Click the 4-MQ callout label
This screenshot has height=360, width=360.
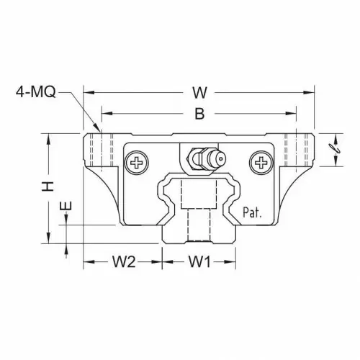coord(36,92)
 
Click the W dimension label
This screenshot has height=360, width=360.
coord(199,93)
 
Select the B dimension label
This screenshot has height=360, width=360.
coord(199,114)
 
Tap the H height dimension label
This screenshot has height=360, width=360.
coord(48,186)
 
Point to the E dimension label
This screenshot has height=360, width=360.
coord(66,205)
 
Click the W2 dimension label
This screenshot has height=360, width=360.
coord(124,261)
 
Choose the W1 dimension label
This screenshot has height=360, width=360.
coord(199,261)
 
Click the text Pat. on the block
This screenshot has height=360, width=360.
coord(252,212)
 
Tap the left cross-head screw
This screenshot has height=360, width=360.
coord(137,163)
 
